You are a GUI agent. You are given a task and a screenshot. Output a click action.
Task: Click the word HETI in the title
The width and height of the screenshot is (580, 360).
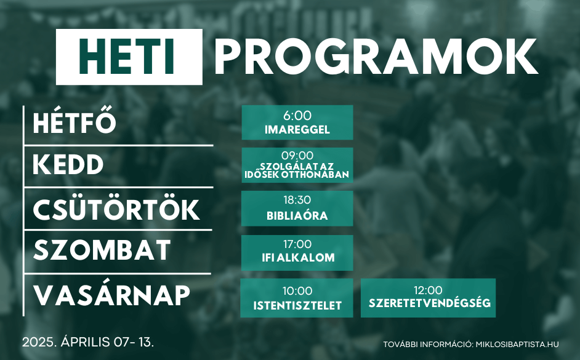[126, 57]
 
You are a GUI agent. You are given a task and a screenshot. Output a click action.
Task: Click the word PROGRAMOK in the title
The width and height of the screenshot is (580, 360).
[376, 57]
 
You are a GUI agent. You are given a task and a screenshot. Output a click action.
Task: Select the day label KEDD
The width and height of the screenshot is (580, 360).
[68, 164]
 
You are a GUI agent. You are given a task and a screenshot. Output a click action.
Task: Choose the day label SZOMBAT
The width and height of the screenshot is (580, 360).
[102, 250]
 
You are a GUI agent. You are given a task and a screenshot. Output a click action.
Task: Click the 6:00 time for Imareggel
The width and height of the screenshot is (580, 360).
[297, 116]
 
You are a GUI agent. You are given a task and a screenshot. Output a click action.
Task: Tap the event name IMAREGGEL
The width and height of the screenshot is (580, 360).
[297, 130]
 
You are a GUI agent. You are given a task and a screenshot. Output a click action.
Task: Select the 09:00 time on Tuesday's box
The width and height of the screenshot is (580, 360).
[297, 155]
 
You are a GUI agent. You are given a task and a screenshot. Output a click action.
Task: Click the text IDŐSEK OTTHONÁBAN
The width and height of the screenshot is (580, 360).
[297, 174]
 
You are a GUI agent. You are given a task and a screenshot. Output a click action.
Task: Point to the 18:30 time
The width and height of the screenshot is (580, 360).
[297, 200]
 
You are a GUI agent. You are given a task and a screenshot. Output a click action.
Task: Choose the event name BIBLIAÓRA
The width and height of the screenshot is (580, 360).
[297, 215]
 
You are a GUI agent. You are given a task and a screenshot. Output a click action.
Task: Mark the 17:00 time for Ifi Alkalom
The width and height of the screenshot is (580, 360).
[297, 244]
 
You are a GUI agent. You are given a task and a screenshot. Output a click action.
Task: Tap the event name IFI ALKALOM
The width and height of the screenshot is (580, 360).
[298, 258]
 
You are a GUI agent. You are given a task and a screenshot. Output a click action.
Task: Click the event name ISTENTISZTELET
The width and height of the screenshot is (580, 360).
[297, 306]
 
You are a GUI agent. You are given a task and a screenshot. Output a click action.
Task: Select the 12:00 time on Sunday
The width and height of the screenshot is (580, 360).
[428, 290]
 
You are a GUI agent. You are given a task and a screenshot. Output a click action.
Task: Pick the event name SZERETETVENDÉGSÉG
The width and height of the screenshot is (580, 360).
[429, 303]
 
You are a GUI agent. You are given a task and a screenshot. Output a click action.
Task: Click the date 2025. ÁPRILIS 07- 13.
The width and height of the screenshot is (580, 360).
[88, 342]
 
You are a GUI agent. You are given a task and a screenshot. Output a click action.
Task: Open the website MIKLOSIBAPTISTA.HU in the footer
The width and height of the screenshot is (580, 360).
[517, 345]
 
